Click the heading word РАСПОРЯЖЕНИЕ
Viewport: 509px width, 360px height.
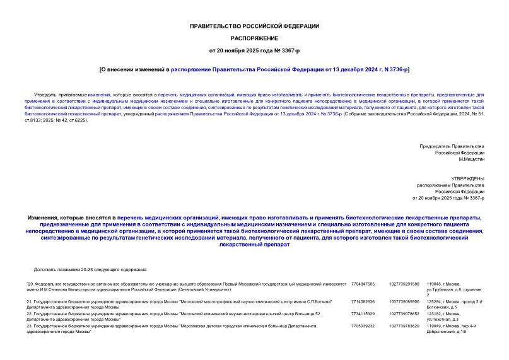point(254,38)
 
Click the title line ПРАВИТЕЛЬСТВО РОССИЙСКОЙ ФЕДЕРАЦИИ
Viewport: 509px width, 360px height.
point(254,26)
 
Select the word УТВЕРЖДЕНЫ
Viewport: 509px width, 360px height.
point(469,179)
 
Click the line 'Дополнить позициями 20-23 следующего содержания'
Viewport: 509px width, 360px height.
point(90,269)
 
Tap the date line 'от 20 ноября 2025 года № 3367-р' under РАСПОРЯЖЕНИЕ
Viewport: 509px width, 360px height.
point(254,50)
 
